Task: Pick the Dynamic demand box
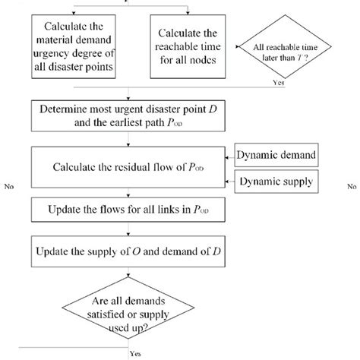pyautogui.click(x=279, y=156)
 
